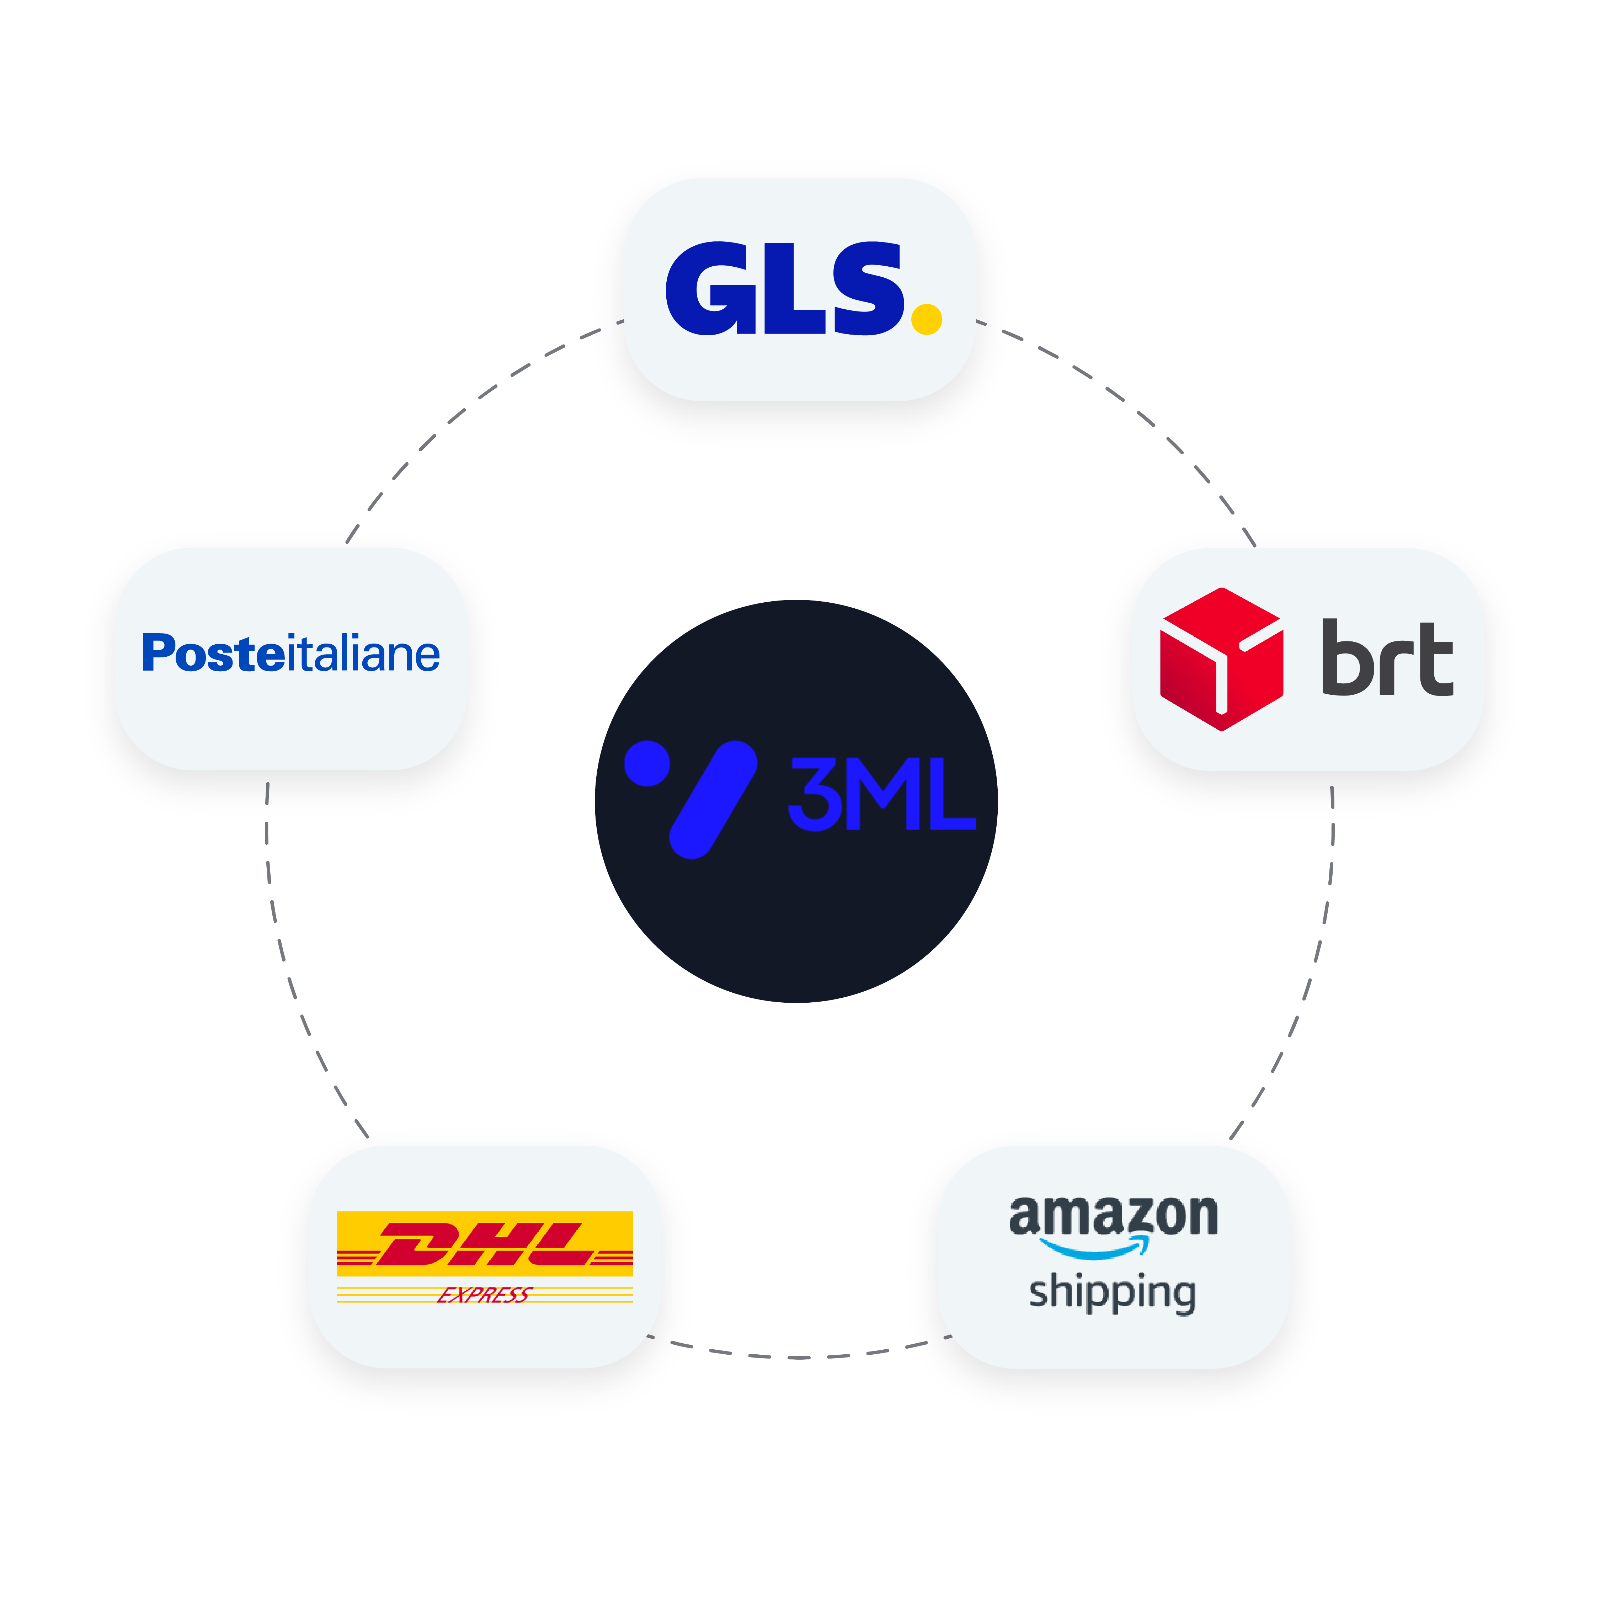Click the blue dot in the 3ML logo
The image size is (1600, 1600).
[647, 763]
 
